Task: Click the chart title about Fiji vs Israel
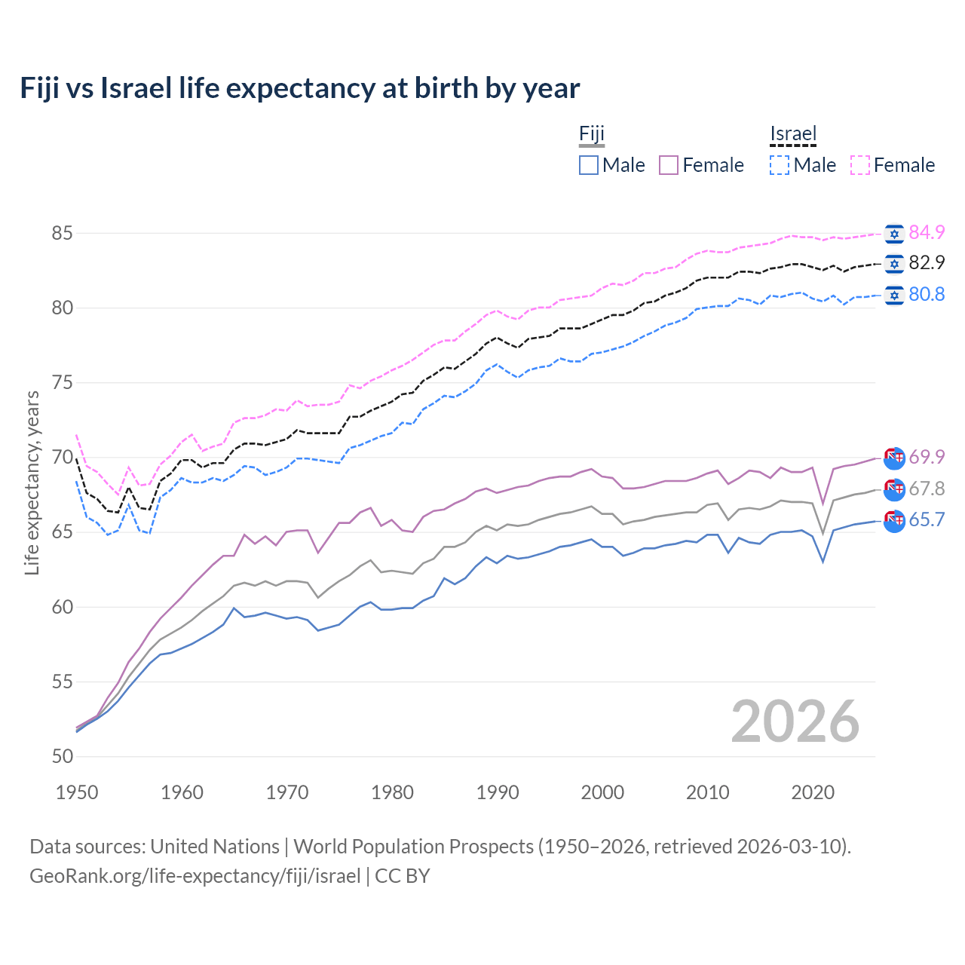(299, 88)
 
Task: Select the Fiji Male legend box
(589, 165)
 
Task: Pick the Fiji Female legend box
(669, 165)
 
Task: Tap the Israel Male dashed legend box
(780, 165)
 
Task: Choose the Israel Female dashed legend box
(860, 165)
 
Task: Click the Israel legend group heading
(793, 134)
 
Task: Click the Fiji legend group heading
(592, 134)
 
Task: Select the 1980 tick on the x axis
(392, 792)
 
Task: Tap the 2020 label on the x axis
(813, 792)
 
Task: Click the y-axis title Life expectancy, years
(32, 482)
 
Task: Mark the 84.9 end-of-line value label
(927, 232)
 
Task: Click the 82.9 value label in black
(927, 263)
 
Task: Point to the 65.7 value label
(927, 520)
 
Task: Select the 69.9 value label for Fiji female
(927, 457)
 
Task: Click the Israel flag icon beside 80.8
(894, 295)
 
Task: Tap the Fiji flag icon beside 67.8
(894, 489)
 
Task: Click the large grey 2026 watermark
(795, 721)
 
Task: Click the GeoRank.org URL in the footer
(195, 876)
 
